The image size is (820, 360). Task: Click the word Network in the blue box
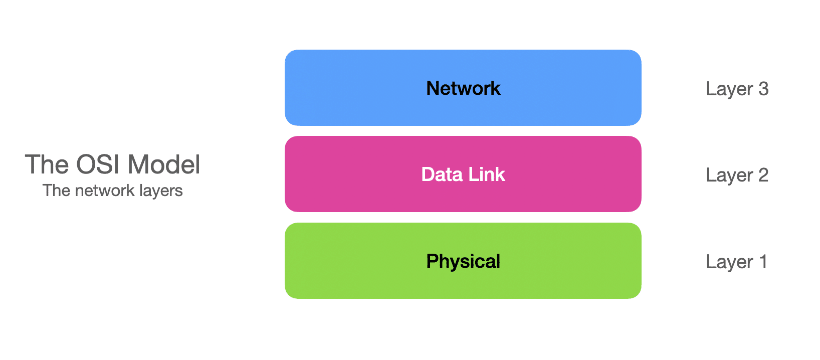[x=463, y=88]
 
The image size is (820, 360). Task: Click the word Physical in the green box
[x=463, y=261]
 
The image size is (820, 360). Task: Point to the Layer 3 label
[x=737, y=89]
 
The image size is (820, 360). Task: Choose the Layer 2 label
[x=737, y=175]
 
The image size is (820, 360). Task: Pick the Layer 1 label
[x=736, y=262]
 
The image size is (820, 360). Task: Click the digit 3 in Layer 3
[x=763, y=89]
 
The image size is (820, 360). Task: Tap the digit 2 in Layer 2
[x=763, y=175]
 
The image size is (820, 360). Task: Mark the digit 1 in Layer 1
[x=763, y=261]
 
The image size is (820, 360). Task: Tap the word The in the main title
[x=47, y=164]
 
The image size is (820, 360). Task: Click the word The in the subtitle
[x=57, y=191]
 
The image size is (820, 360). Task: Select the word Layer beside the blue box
[x=729, y=89]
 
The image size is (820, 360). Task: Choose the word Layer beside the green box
[x=729, y=262]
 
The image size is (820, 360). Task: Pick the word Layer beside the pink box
[x=729, y=175]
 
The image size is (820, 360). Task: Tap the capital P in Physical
[x=432, y=261]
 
